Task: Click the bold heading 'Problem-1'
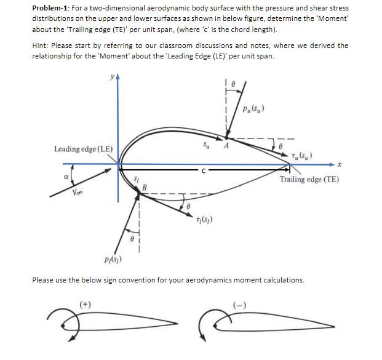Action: tap(49, 9)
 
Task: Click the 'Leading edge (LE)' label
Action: tap(83, 148)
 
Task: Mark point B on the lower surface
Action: tap(145, 186)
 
